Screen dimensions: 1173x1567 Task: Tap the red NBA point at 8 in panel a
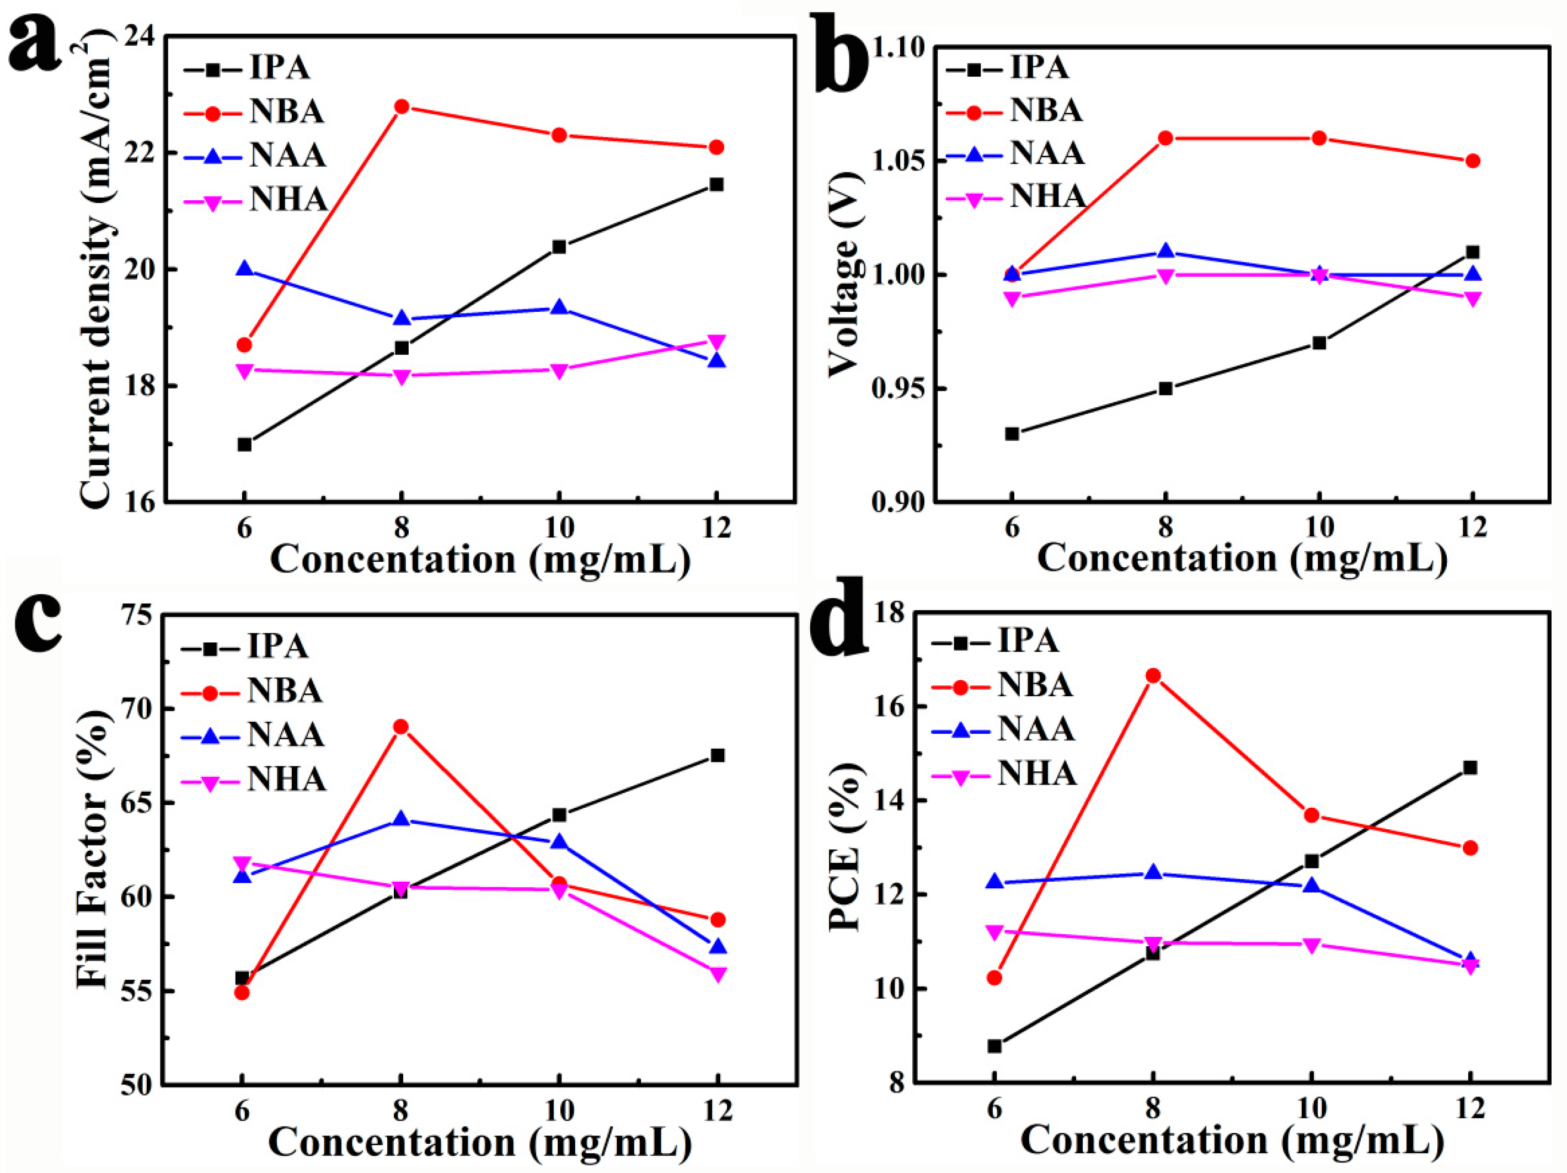[x=402, y=107]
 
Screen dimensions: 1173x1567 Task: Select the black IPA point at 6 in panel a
[x=244, y=444]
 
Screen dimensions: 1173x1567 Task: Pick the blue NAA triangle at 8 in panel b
[x=1165, y=251]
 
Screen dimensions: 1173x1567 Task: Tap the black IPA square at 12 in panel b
[x=1473, y=252]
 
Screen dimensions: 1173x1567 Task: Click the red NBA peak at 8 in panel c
[x=400, y=727]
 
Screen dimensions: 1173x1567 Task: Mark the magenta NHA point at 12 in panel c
[x=718, y=974]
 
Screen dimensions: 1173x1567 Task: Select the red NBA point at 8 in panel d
[x=1153, y=675]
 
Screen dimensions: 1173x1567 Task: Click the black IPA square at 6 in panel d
[x=994, y=1046]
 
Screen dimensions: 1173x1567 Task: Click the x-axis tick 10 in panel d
[x=1311, y=1108]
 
